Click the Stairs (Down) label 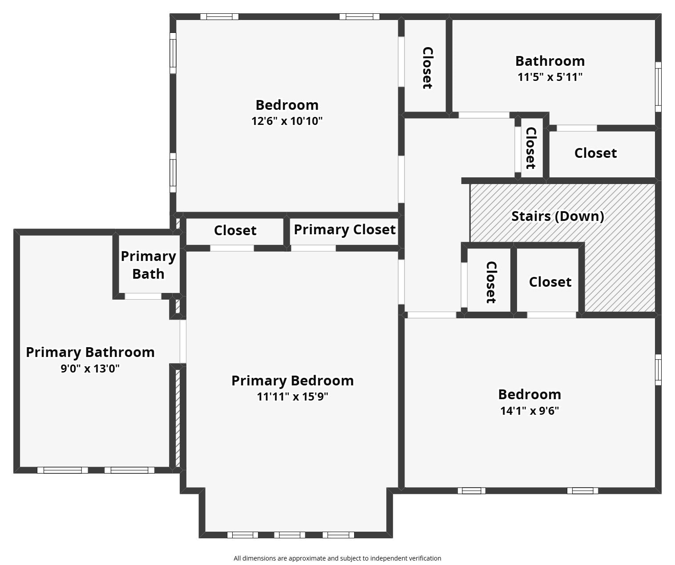point(558,216)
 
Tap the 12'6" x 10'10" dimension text point(287,121)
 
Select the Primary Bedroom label point(292,381)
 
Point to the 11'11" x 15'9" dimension point(292,397)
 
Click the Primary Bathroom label point(90,353)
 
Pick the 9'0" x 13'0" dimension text point(90,369)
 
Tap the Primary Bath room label point(148,265)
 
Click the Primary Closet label point(344,230)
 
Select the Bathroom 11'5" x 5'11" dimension point(550,77)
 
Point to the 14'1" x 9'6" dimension point(529,411)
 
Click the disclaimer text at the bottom point(337,558)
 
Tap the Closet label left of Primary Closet point(235,231)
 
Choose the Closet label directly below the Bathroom point(595,153)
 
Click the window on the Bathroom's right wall point(658,87)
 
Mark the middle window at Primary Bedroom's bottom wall point(290,535)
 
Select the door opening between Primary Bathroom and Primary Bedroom point(183,341)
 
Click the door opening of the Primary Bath point(143,296)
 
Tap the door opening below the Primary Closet point(313,248)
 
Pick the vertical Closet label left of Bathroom point(427,68)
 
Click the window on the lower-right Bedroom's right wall point(658,370)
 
